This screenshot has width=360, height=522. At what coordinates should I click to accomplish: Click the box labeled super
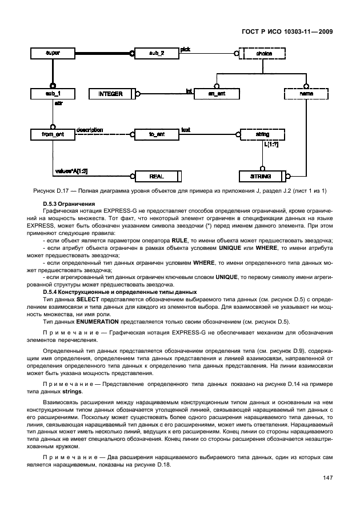click(x=53, y=54)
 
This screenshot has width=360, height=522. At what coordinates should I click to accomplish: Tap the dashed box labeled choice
click(x=263, y=54)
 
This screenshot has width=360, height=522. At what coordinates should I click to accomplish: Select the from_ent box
click(x=53, y=135)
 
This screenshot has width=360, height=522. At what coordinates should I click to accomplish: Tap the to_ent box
click(x=156, y=135)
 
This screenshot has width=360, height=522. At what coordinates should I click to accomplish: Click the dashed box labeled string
click(x=263, y=135)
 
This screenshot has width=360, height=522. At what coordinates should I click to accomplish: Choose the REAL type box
click(x=156, y=176)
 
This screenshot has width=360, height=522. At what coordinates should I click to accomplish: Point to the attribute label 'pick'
click(x=185, y=49)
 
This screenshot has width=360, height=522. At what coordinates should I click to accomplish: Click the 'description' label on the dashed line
click(x=89, y=130)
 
